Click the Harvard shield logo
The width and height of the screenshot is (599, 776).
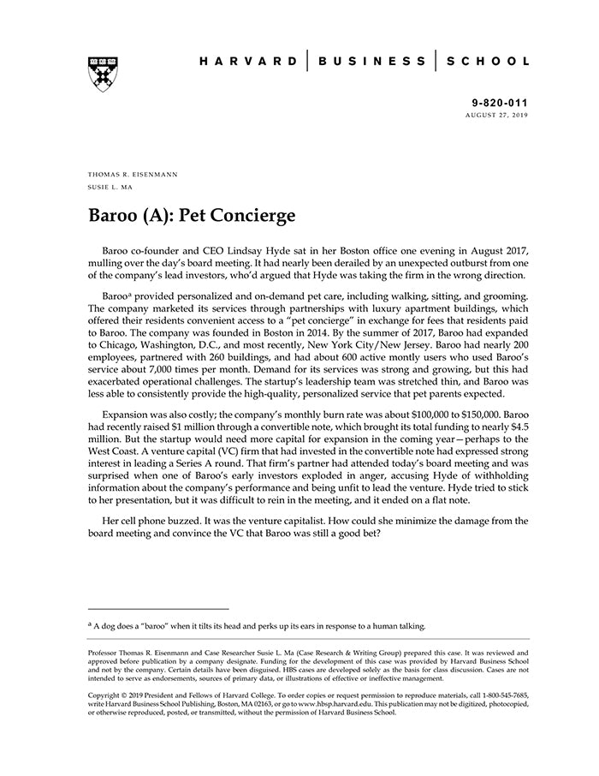[103, 75]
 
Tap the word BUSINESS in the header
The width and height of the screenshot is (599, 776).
[372, 62]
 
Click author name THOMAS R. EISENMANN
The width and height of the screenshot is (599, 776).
[133, 173]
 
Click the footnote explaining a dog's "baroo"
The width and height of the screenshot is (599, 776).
[257, 626]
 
